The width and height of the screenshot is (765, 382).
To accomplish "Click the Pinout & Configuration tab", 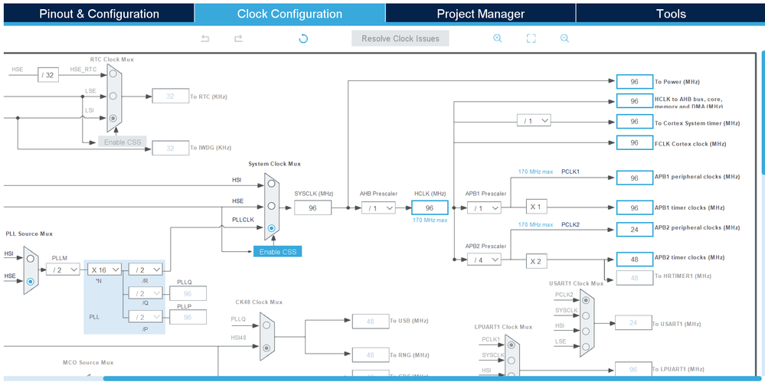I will pyautogui.click(x=99, y=14).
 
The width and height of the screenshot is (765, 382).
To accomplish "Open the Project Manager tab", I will pyautogui.click(x=480, y=14).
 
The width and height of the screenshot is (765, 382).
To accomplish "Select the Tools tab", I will pyautogui.click(x=670, y=14).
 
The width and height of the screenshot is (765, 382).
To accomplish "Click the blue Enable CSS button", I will pyautogui.click(x=277, y=251).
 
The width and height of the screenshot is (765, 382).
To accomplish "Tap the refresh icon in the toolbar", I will pyautogui.click(x=303, y=38).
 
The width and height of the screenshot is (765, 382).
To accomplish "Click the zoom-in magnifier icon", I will pyautogui.click(x=498, y=38).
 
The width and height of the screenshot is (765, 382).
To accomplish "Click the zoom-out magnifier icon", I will pyautogui.click(x=564, y=38).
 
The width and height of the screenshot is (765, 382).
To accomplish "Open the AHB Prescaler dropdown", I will pyautogui.click(x=379, y=207).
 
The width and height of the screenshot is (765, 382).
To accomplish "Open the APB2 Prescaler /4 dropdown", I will pyautogui.click(x=484, y=260).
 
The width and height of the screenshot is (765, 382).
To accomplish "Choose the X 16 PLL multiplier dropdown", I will pyautogui.click(x=104, y=269).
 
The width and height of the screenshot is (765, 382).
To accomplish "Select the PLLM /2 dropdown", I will pyautogui.click(x=63, y=269).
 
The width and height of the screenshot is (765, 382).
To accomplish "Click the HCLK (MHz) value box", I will pyautogui.click(x=429, y=207).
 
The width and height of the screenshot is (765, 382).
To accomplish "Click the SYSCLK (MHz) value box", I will pyautogui.click(x=312, y=207).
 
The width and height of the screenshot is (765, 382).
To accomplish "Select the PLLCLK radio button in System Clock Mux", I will pyautogui.click(x=272, y=228).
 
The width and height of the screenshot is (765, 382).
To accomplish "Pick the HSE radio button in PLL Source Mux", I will pyautogui.click(x=31, y=282).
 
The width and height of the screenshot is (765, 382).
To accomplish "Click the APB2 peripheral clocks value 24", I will pyautogui.click(x=633, y=228).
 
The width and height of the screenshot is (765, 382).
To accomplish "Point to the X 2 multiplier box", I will pyautogui.click(x=536, y=261).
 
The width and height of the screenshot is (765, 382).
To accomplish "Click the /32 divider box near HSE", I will pyautogui.click(x=48, y=74).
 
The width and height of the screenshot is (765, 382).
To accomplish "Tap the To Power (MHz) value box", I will pyautogui.click(x=633, y=81).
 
